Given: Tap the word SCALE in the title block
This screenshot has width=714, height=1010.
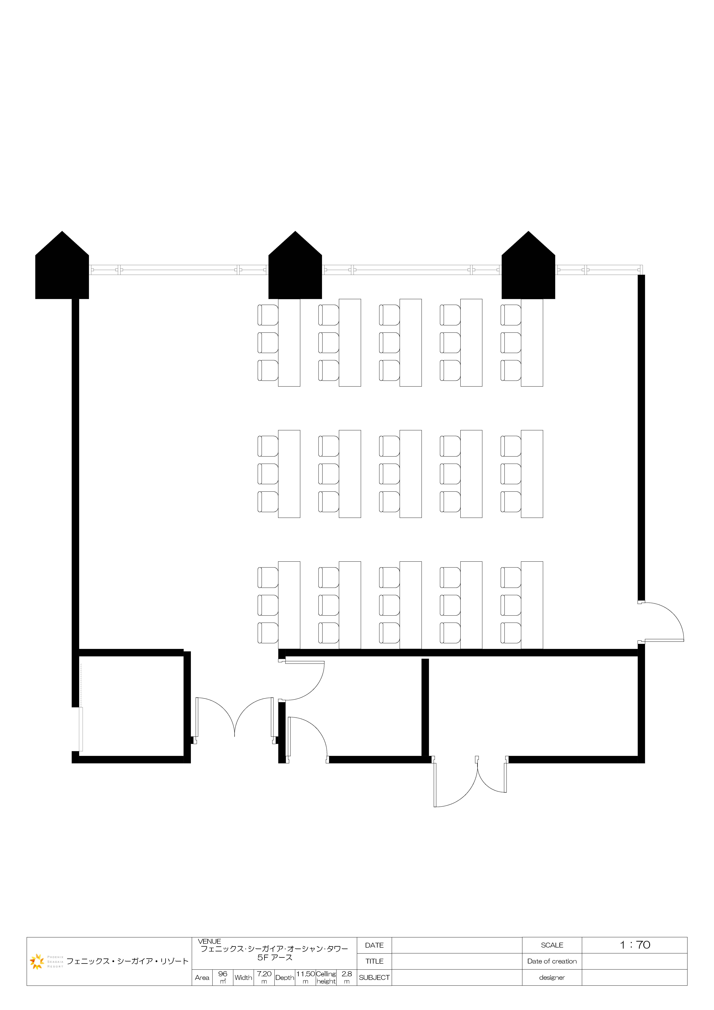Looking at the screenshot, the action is [x=552, y=945].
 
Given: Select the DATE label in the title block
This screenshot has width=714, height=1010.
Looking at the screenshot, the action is [x=374, y=945].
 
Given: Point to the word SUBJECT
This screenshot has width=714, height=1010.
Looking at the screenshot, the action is [x=374, y=977].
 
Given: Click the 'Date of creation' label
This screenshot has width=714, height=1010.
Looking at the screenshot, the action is [x=552, y=961].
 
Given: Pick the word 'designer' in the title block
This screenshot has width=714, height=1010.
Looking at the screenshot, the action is [x=552, y=977].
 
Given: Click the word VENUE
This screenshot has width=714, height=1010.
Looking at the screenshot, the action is [x=209, y=941].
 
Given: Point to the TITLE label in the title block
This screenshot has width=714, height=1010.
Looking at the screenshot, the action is [x=374, y=961].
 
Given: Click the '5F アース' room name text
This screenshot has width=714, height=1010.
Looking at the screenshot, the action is [x=275, y=957].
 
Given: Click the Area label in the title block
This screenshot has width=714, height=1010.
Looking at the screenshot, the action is [x=202, y=977].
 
